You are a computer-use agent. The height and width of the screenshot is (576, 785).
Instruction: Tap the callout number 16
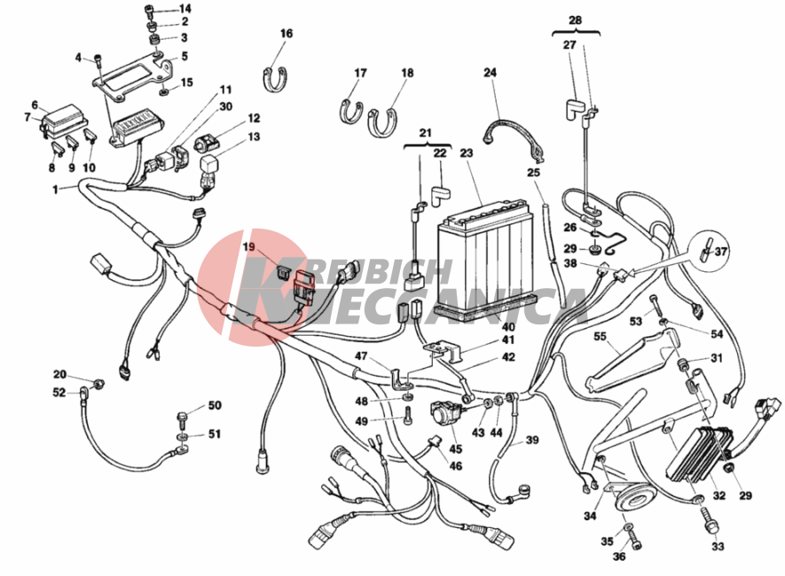pyautogui.click(x=287, y=34)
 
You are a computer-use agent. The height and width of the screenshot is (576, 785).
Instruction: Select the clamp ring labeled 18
pyautogui.click(x=382, y=122)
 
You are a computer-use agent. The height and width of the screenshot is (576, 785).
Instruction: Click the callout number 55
pyautogui.click(x=601, y=337)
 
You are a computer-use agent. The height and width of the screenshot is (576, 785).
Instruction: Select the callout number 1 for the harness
pyautogui.click(x=55, y=190)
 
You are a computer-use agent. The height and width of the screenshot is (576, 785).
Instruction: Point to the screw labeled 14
pyautogui.click(x=149, y=10)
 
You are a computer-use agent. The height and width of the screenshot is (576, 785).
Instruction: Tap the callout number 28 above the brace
pyautogui.click(x=576, y=20)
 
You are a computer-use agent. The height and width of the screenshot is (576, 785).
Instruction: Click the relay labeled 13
pyautogui.click(x=209, y=165)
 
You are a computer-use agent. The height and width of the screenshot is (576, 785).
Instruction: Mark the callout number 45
pyautogui.click(x=456, y=448)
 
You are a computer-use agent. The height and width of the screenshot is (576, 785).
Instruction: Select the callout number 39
pyautogui.click(x=531, y=440)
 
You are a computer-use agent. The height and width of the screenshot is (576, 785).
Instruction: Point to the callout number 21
pyautogui.click(x=425, y=133)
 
